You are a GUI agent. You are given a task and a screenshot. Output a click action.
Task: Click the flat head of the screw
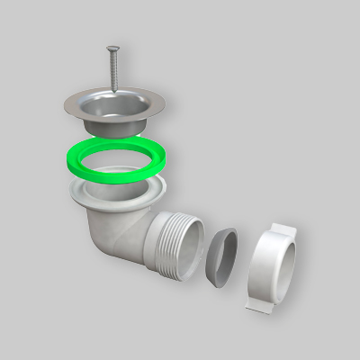pos(112,49)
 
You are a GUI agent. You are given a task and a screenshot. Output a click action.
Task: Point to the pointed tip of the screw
pos(116,91)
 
